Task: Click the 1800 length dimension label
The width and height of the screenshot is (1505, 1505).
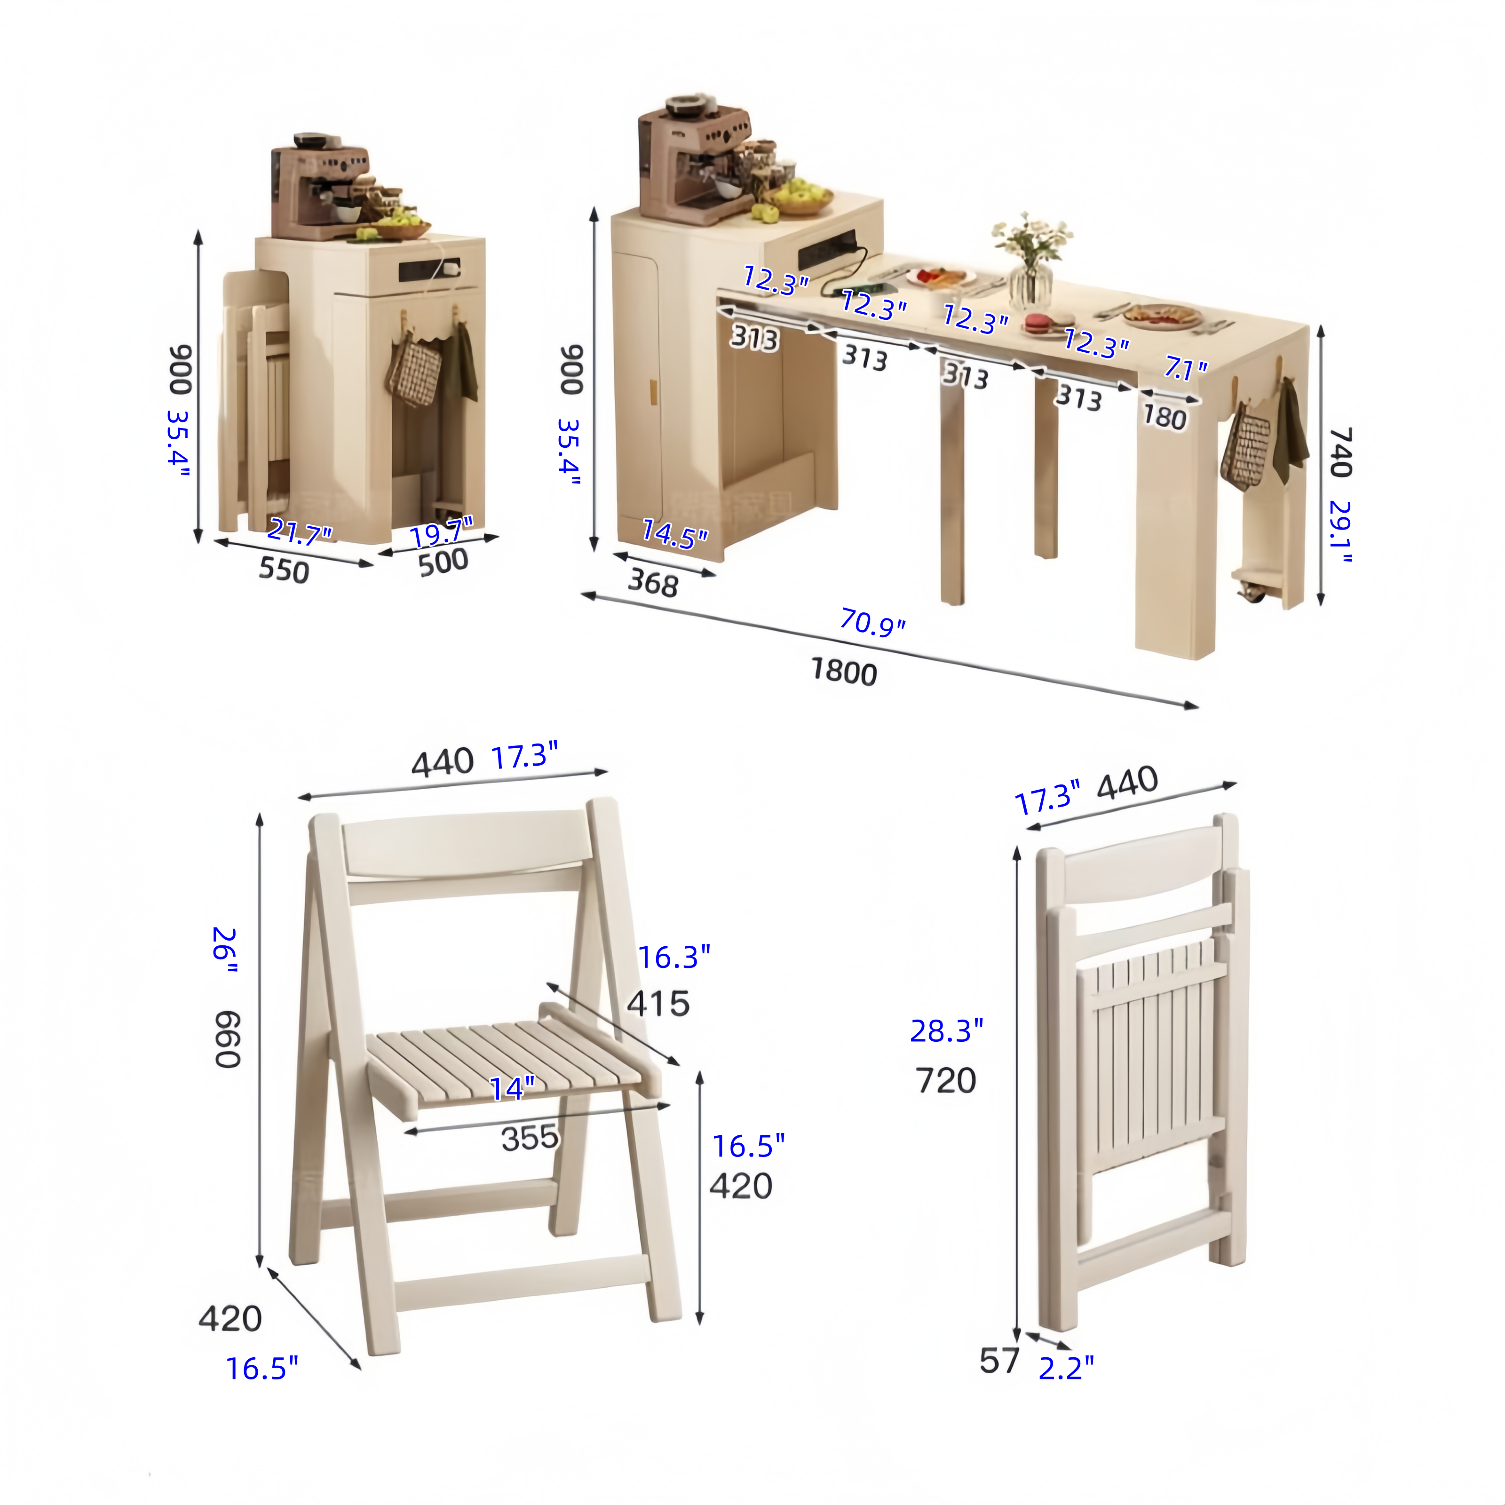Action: point(844,672)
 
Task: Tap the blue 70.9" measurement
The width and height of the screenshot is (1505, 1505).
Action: point(872,623)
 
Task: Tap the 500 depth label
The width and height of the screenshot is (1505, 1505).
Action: point(443,562)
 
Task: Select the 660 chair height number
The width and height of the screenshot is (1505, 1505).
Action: point(228,1039)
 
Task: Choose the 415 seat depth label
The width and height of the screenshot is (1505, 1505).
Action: point(658,1003)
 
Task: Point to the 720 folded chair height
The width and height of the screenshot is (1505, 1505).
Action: point(946,1080)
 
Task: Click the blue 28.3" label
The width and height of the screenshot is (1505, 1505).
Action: point(946,1030)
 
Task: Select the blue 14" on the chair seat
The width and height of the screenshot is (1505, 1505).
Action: point(512,1088)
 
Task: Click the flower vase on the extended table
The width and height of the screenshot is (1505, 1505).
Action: point(1030,262)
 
